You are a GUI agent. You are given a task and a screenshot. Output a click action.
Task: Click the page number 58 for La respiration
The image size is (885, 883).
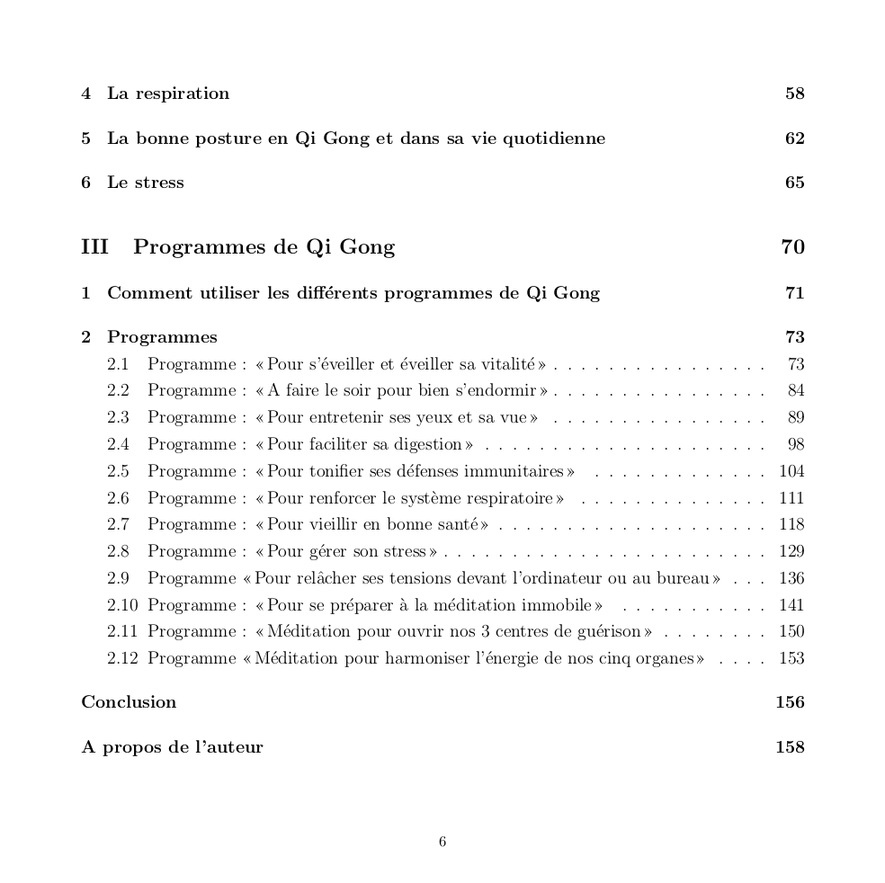coord(794,94)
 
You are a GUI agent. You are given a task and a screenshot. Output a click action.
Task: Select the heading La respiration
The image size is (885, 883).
coord(168,94)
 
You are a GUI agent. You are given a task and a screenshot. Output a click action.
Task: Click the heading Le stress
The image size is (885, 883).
coord(145,183)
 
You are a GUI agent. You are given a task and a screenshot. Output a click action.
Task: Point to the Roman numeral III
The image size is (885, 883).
coord(94,247)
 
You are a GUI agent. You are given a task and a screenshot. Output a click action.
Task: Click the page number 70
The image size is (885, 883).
coord(792,247)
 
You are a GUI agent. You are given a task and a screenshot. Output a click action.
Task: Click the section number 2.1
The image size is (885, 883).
coord(118,364)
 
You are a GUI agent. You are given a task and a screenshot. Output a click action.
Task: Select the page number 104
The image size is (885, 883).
coord(791,471)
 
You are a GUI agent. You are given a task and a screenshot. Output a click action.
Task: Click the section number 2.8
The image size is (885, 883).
coord(118,551)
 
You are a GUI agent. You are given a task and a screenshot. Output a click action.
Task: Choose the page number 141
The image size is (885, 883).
coord(791,605)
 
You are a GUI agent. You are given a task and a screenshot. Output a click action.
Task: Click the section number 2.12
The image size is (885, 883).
coord(122,658)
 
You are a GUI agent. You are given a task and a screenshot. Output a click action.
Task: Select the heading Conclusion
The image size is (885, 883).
coord(129,702)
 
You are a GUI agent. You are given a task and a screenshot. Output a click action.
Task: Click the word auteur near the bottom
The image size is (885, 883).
coord(233,747)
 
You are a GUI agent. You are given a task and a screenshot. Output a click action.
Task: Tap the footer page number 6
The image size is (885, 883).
coord(442,842)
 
